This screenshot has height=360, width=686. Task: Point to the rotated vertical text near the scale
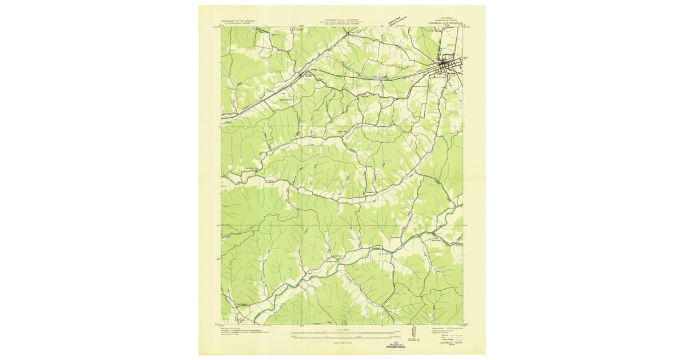(x=413, y=333)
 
